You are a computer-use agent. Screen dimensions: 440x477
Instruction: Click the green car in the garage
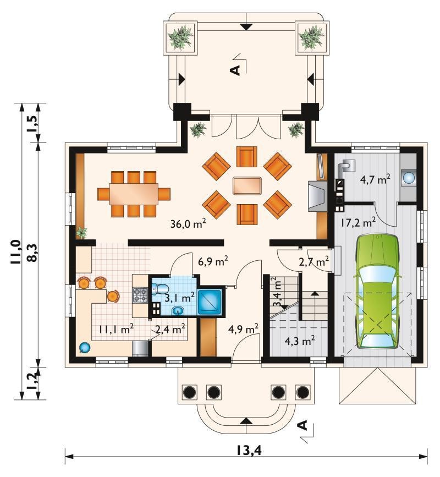(x=377, y=292)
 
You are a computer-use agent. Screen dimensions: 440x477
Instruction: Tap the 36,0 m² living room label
(x=188, y=224)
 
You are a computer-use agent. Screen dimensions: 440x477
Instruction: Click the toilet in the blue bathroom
(x=159, y=288)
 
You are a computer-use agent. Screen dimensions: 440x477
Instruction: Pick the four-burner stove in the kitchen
(x=140, y=295)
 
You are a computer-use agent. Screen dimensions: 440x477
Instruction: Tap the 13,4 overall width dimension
(x=249, y=451)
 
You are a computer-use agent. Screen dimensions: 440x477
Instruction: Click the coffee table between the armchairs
(x=247, y=185)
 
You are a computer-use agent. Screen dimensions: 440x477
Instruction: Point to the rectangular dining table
(x=134, y=194)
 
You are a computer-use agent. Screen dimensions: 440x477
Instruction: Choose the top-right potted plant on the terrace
(x=312, y=38)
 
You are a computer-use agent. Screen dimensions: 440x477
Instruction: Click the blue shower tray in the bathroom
(x=210, y=302)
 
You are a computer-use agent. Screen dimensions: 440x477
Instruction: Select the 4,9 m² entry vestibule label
(x=243, y=328)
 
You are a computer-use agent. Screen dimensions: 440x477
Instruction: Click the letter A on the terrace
(x=235, y=70)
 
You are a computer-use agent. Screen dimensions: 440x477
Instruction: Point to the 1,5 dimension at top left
(x=32, y=123)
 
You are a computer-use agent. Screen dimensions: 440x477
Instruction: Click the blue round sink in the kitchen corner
(x=84, y=347)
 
